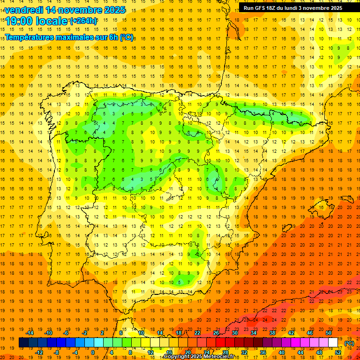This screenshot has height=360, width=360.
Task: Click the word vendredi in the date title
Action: point(23,10)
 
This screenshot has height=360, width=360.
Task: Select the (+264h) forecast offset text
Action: point(83,21)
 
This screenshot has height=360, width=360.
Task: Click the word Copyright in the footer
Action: point(176,357)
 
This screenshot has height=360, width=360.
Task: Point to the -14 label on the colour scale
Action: point(30,333)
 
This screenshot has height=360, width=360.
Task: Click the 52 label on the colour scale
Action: point(338,352)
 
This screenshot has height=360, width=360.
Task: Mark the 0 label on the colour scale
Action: point(93,352)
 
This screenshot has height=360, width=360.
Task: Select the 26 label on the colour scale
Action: point(216,333)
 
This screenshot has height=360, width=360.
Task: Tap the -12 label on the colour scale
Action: point(39,352)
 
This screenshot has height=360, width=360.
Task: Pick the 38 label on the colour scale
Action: point(272,333)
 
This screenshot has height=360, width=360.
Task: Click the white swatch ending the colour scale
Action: point(333,343)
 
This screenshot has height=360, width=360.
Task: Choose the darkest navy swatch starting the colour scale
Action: point(23,343)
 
